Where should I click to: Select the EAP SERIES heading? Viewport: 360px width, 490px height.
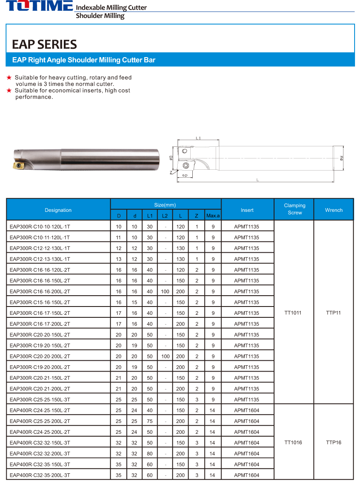[x=44, y=44]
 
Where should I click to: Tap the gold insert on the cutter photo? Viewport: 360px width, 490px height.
[x=20, y=166]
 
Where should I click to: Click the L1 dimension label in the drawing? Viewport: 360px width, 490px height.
[x=198, y=138]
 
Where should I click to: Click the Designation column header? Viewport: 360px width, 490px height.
[x=58, y=210]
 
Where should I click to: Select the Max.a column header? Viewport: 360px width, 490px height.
[x=213, y=216]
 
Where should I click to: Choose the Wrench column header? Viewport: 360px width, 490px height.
[x=333, y=210]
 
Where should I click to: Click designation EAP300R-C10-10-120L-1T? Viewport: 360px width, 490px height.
[x=40, y=226]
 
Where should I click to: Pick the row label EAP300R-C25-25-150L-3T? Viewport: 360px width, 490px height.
[x=40, y=400]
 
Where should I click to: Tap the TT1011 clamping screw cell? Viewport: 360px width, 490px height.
[x=293, y=313]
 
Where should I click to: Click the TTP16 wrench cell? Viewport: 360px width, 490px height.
[x=333, y=442]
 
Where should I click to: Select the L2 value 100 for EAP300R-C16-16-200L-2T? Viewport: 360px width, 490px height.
[x=165, y=291]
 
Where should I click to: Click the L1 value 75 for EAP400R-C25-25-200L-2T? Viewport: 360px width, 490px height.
[x=150, y=421]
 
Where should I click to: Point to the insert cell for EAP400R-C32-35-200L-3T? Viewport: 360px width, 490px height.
[x=247, y=475]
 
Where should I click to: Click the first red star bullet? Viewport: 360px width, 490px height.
[x=9, y=78]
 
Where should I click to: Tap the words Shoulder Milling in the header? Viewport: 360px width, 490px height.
[x=100, y=16]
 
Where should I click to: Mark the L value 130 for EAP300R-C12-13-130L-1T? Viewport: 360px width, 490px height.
[x=180, y=259]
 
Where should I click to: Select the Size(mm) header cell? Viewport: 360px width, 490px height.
[x=165, y=205]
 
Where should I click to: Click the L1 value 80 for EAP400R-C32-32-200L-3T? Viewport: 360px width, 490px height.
[x=150, y=453]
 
